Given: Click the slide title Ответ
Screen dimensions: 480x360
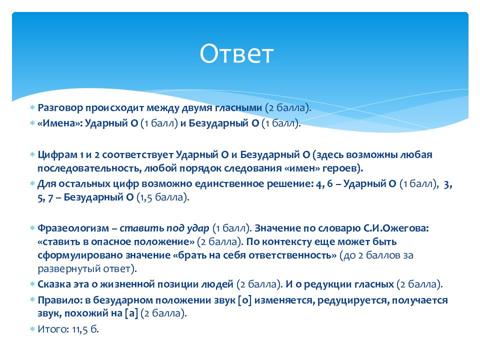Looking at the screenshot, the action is tap(236, 54).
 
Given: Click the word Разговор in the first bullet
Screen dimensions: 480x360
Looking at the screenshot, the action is tap(60, 108).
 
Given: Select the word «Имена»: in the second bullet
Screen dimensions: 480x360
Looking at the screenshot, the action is tap(60, 123).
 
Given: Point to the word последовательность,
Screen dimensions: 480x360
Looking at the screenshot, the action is tap(89, 168).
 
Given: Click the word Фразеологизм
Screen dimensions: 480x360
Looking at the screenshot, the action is tap(73, 228).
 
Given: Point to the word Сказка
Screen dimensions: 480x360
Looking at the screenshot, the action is tap(54, 284).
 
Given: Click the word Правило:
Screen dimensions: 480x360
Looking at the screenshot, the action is tap(60, 300).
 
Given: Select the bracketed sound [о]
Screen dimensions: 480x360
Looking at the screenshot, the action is tap(244, 300).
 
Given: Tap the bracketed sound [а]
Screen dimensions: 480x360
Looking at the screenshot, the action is tap(131, 313).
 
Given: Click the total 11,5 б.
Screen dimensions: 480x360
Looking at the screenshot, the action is tap(85, 329).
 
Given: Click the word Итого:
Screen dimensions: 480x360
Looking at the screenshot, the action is tap(53, 329).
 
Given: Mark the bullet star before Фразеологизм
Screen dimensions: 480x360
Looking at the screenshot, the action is tap(32, 228).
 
